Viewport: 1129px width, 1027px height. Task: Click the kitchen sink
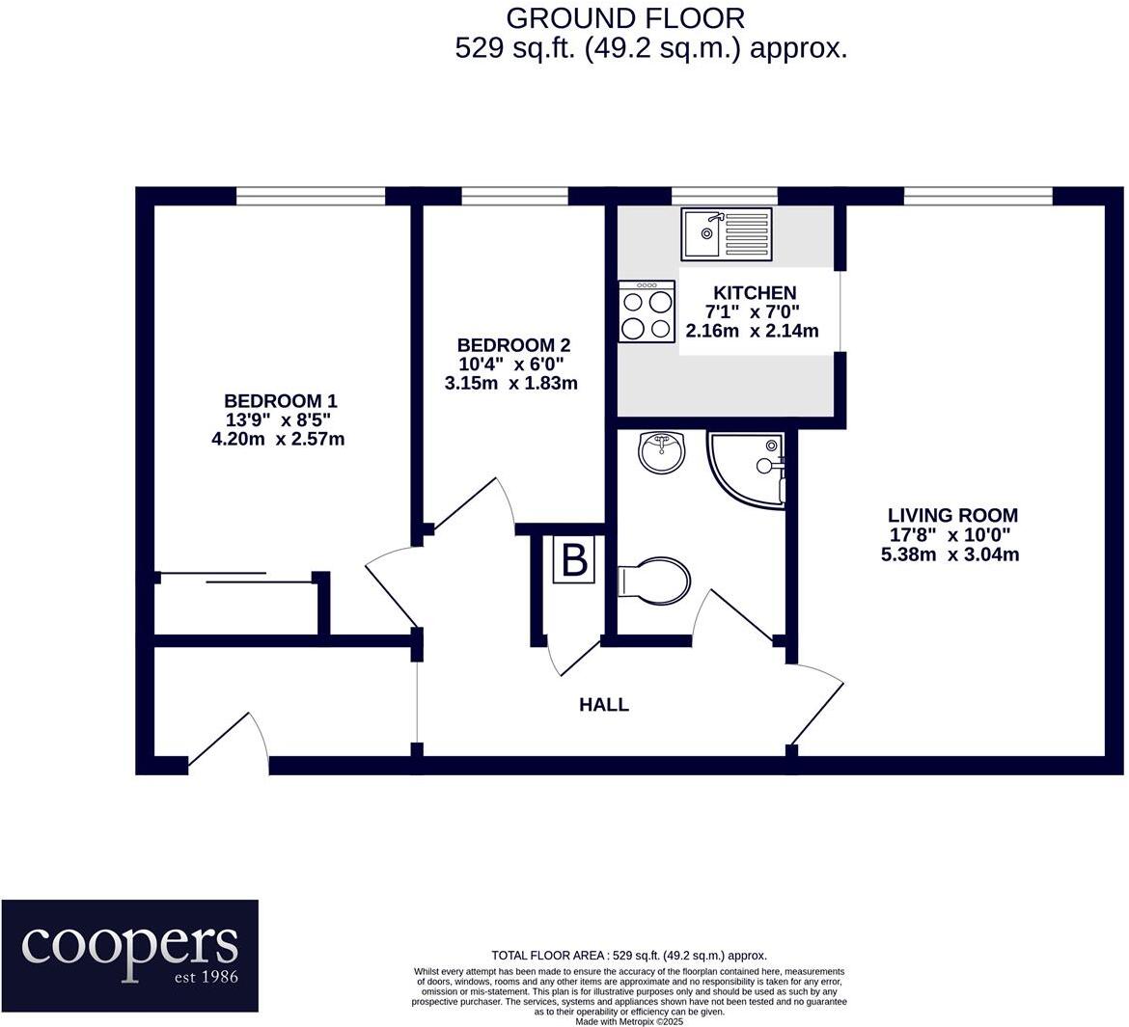click(726, 234)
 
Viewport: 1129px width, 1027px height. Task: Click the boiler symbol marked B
click(574, 560)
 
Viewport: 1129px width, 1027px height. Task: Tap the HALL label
click(604, 705)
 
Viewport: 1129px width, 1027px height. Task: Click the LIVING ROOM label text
click(952, 516)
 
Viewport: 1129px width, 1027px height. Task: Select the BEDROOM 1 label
click(281, 401)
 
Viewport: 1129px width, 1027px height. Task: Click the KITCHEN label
click(755, 293)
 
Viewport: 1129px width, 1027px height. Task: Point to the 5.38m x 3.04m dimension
click(950, 554)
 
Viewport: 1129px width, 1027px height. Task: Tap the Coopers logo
click(130, 955)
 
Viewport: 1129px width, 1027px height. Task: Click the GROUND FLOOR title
click(625, 17)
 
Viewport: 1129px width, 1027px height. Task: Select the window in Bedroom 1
click(311, 197)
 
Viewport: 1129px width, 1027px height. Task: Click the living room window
click(978, 197)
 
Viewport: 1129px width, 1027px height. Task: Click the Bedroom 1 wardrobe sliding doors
click(236, 579)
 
